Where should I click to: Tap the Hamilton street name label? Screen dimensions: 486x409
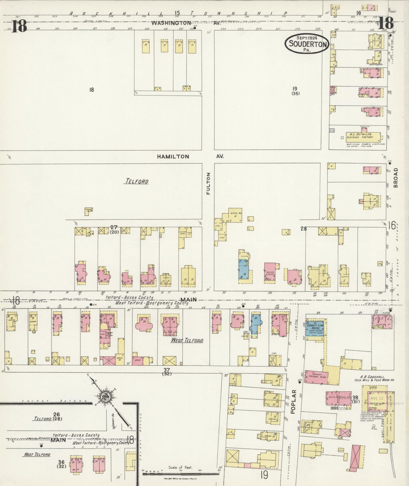(173, 156)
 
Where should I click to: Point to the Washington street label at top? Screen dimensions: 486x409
(171, 23)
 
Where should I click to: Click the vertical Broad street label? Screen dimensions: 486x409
(395, 178)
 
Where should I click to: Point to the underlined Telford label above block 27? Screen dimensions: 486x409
(136, 181)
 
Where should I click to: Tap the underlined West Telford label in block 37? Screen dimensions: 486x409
(187, 340)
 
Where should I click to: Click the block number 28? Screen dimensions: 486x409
(303, 229)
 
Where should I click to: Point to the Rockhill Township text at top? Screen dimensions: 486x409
(178, 13)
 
